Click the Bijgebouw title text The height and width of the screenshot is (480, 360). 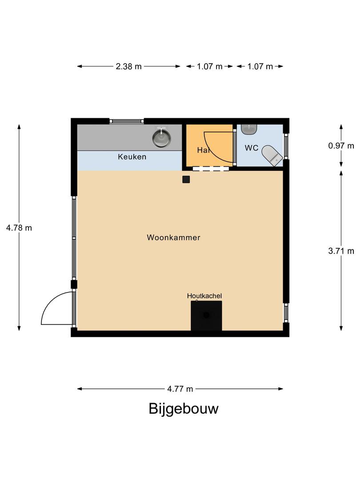click(x=184, y=408)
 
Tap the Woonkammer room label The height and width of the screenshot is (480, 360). click(x=173, y=238)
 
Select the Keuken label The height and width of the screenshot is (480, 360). click(x=132, y=157)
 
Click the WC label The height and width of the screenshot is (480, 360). click(x=252, y=148)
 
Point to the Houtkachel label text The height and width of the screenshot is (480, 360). click(x=204, y=296)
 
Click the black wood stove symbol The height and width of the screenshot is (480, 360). click(x=206, y=316)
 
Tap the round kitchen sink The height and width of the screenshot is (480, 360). click(x=161, y=137)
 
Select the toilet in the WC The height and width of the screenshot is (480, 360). click(x=272, y=155)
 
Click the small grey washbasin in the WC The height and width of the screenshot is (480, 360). click(x=250, y=129)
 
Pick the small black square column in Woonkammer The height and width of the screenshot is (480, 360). click(x=186, y=179)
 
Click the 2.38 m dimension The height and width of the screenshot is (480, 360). click(x=128, y=67)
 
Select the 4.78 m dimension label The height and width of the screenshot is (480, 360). click(x=19, y=228)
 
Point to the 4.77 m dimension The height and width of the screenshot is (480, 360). click(x=180, y=389)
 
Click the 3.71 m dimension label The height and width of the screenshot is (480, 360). click(x=341, y=251)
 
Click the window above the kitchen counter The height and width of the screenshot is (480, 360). click(x=127, y=121)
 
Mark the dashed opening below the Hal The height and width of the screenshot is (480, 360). click(x=212, y=168)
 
